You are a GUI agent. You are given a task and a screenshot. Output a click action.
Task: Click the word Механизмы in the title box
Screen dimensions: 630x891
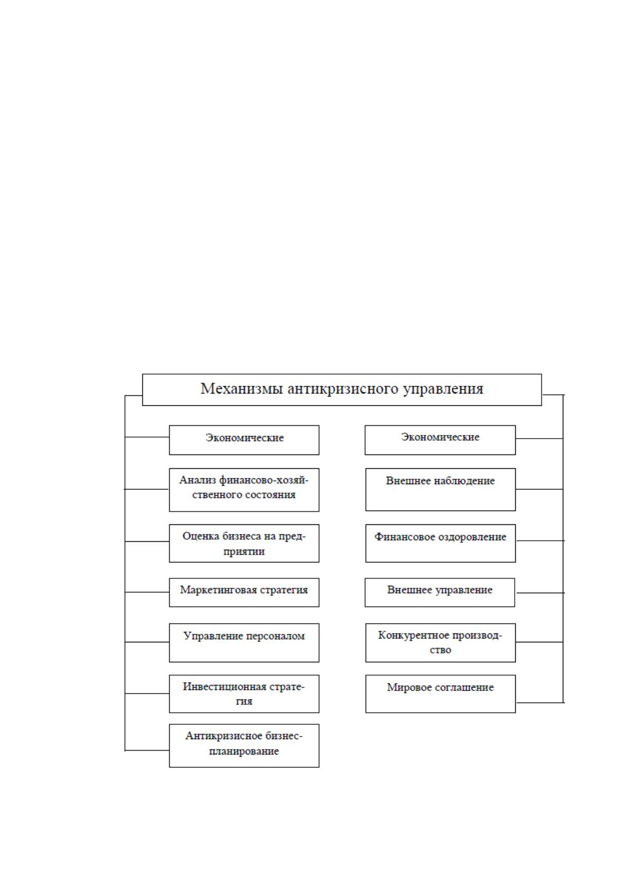click(x=242, y=388)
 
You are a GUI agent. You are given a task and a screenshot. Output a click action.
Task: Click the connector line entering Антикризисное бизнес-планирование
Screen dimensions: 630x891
click(x=147, y=750)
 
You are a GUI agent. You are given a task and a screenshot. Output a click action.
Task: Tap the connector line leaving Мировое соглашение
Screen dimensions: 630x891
click(x=540, y=703)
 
